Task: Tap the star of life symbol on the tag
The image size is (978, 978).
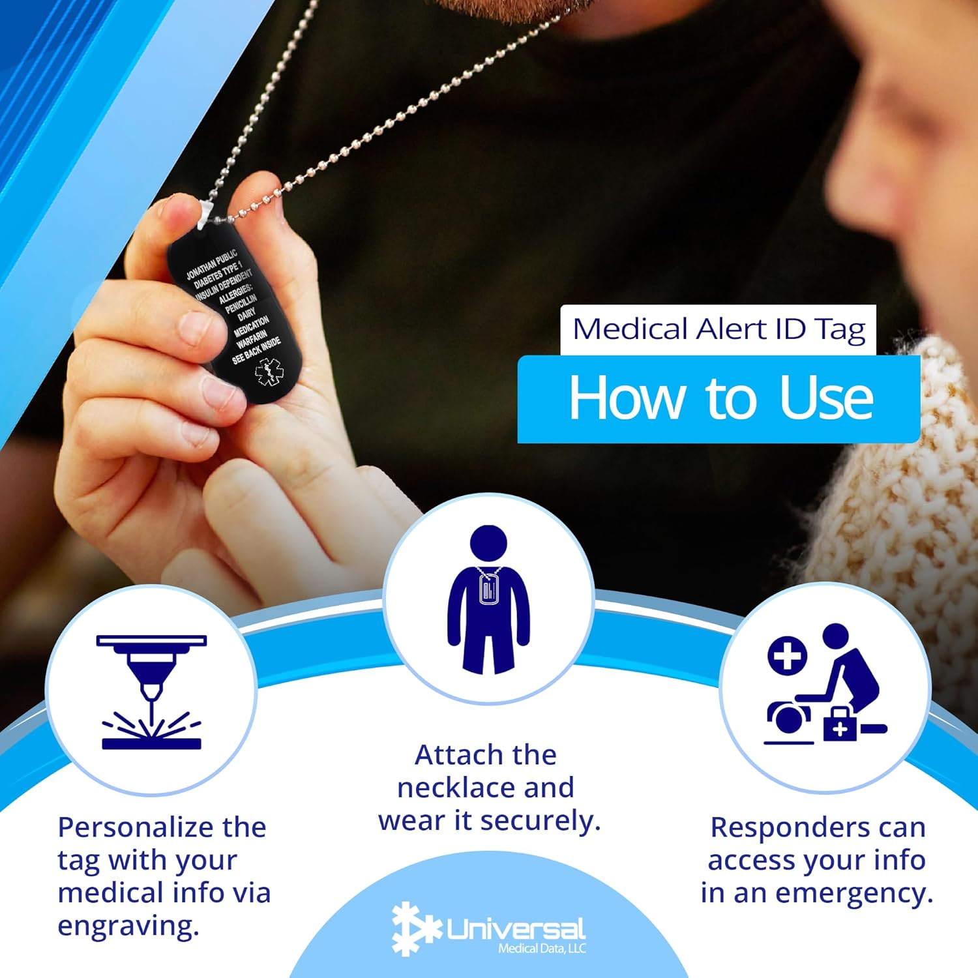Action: [x=269, y=372]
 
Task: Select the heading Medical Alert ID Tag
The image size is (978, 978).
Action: [x=719, y=329]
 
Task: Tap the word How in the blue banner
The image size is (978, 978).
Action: [x=627, y=398]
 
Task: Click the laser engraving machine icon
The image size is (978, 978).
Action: [x=151, y=692]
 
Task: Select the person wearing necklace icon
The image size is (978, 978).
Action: [x=488, y=599]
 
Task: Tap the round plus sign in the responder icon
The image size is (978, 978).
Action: [x=787, y=655]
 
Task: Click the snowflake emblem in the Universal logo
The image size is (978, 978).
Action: [x=416, y=929]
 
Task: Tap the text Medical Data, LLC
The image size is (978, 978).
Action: [x=542, y=949]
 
